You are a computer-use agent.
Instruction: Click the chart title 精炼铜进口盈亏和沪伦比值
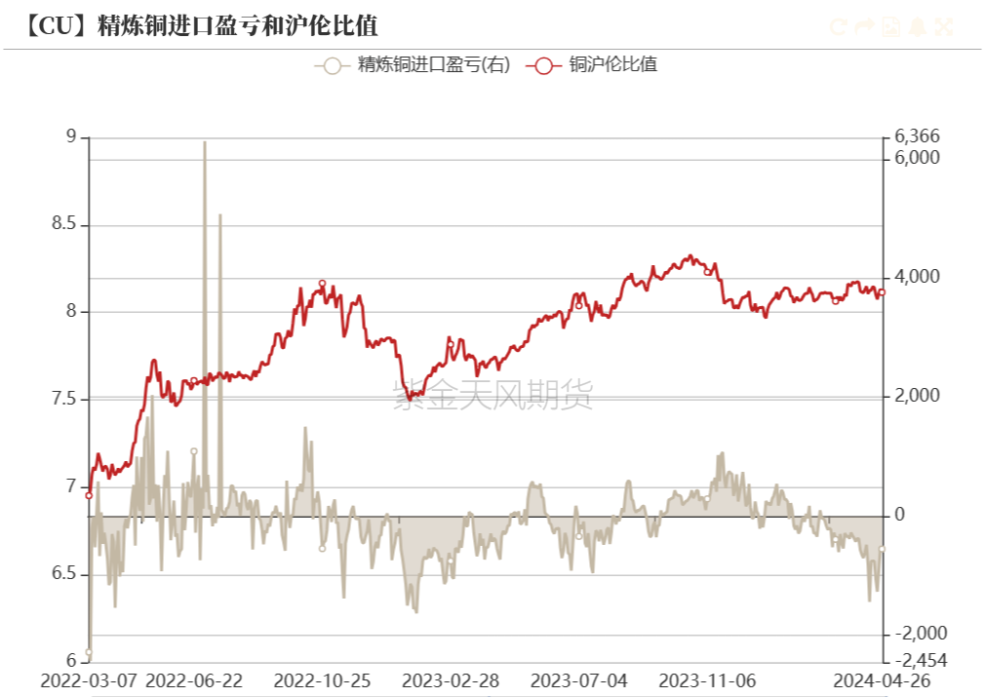(x=238, y=25)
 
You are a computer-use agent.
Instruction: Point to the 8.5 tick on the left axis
(x=63, y=224)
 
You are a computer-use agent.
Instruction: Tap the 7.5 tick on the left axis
(x=63, y=399)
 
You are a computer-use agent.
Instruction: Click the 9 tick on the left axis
(x=70, y=136)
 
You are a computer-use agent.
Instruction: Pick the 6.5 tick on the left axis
(x=63, y=573)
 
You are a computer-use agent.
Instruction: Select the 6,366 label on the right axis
(x=917, y=136)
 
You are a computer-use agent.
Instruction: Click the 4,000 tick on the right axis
(x=917, y=277)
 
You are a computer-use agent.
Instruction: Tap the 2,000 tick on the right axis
(x=917, y=396)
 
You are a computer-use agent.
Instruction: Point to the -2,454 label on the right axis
(x=920, y=660)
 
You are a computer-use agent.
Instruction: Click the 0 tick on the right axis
(x=901, y=515)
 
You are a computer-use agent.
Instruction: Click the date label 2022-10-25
(x=322, y=680)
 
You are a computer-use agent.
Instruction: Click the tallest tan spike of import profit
(x=204, y=143)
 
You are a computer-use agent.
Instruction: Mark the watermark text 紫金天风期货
(x=492, y=395)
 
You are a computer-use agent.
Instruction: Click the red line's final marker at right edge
(x=882, y=292)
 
